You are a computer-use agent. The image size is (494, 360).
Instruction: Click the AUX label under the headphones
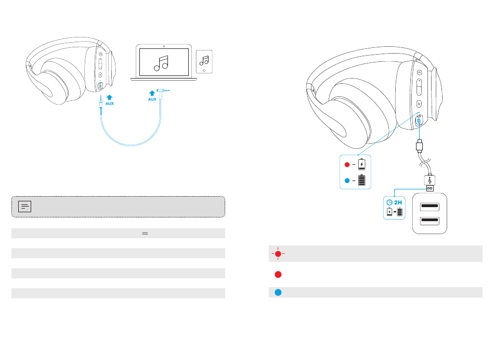(x=109, y=104)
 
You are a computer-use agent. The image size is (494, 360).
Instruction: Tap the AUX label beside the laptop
(x=152, y=99)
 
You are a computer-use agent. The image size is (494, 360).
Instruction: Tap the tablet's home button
(x=204, y=69)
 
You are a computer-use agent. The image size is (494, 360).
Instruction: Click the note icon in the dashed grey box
(x=24, y=207)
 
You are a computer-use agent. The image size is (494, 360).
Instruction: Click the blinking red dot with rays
(x=278, y=254)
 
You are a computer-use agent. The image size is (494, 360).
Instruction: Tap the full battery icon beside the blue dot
(x=361, y=181)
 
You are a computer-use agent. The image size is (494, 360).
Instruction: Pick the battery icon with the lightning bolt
(x=361, y=165)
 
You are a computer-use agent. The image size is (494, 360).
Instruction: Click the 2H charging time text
(x=398, y=202)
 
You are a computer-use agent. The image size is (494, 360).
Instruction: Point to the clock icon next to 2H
(x=389, y=202)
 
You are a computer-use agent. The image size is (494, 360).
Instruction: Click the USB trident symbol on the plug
(x=430, y=181)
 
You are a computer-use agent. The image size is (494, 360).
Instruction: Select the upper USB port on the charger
(x=429, y=207)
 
